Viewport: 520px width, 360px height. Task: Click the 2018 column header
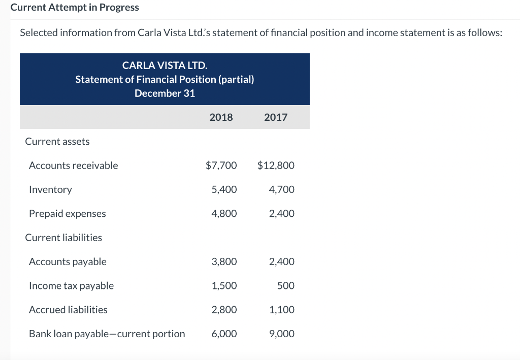221,117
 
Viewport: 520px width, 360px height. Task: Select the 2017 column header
276,117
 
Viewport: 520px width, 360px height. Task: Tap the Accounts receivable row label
73,166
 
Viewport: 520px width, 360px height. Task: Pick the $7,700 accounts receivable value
221,166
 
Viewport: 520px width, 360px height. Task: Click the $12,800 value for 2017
276,166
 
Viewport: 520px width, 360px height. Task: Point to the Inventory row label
50,189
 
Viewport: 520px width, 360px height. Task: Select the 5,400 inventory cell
224,189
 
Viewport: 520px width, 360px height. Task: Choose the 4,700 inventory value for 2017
282,189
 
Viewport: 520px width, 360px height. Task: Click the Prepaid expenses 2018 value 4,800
224,214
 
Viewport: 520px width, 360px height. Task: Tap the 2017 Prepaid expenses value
282,214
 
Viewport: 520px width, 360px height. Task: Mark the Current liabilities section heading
63,238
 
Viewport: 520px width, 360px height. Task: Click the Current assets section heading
57,142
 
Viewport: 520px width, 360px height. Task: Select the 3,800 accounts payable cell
224,262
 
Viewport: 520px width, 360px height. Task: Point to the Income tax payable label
71,286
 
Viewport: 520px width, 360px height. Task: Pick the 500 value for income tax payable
286,286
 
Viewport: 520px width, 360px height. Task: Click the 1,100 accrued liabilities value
282,310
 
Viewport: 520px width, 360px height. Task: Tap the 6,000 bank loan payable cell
224,334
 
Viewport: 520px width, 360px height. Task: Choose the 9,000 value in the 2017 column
282,334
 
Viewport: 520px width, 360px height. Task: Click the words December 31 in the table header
165,93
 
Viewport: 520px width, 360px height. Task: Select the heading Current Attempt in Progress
75,8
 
